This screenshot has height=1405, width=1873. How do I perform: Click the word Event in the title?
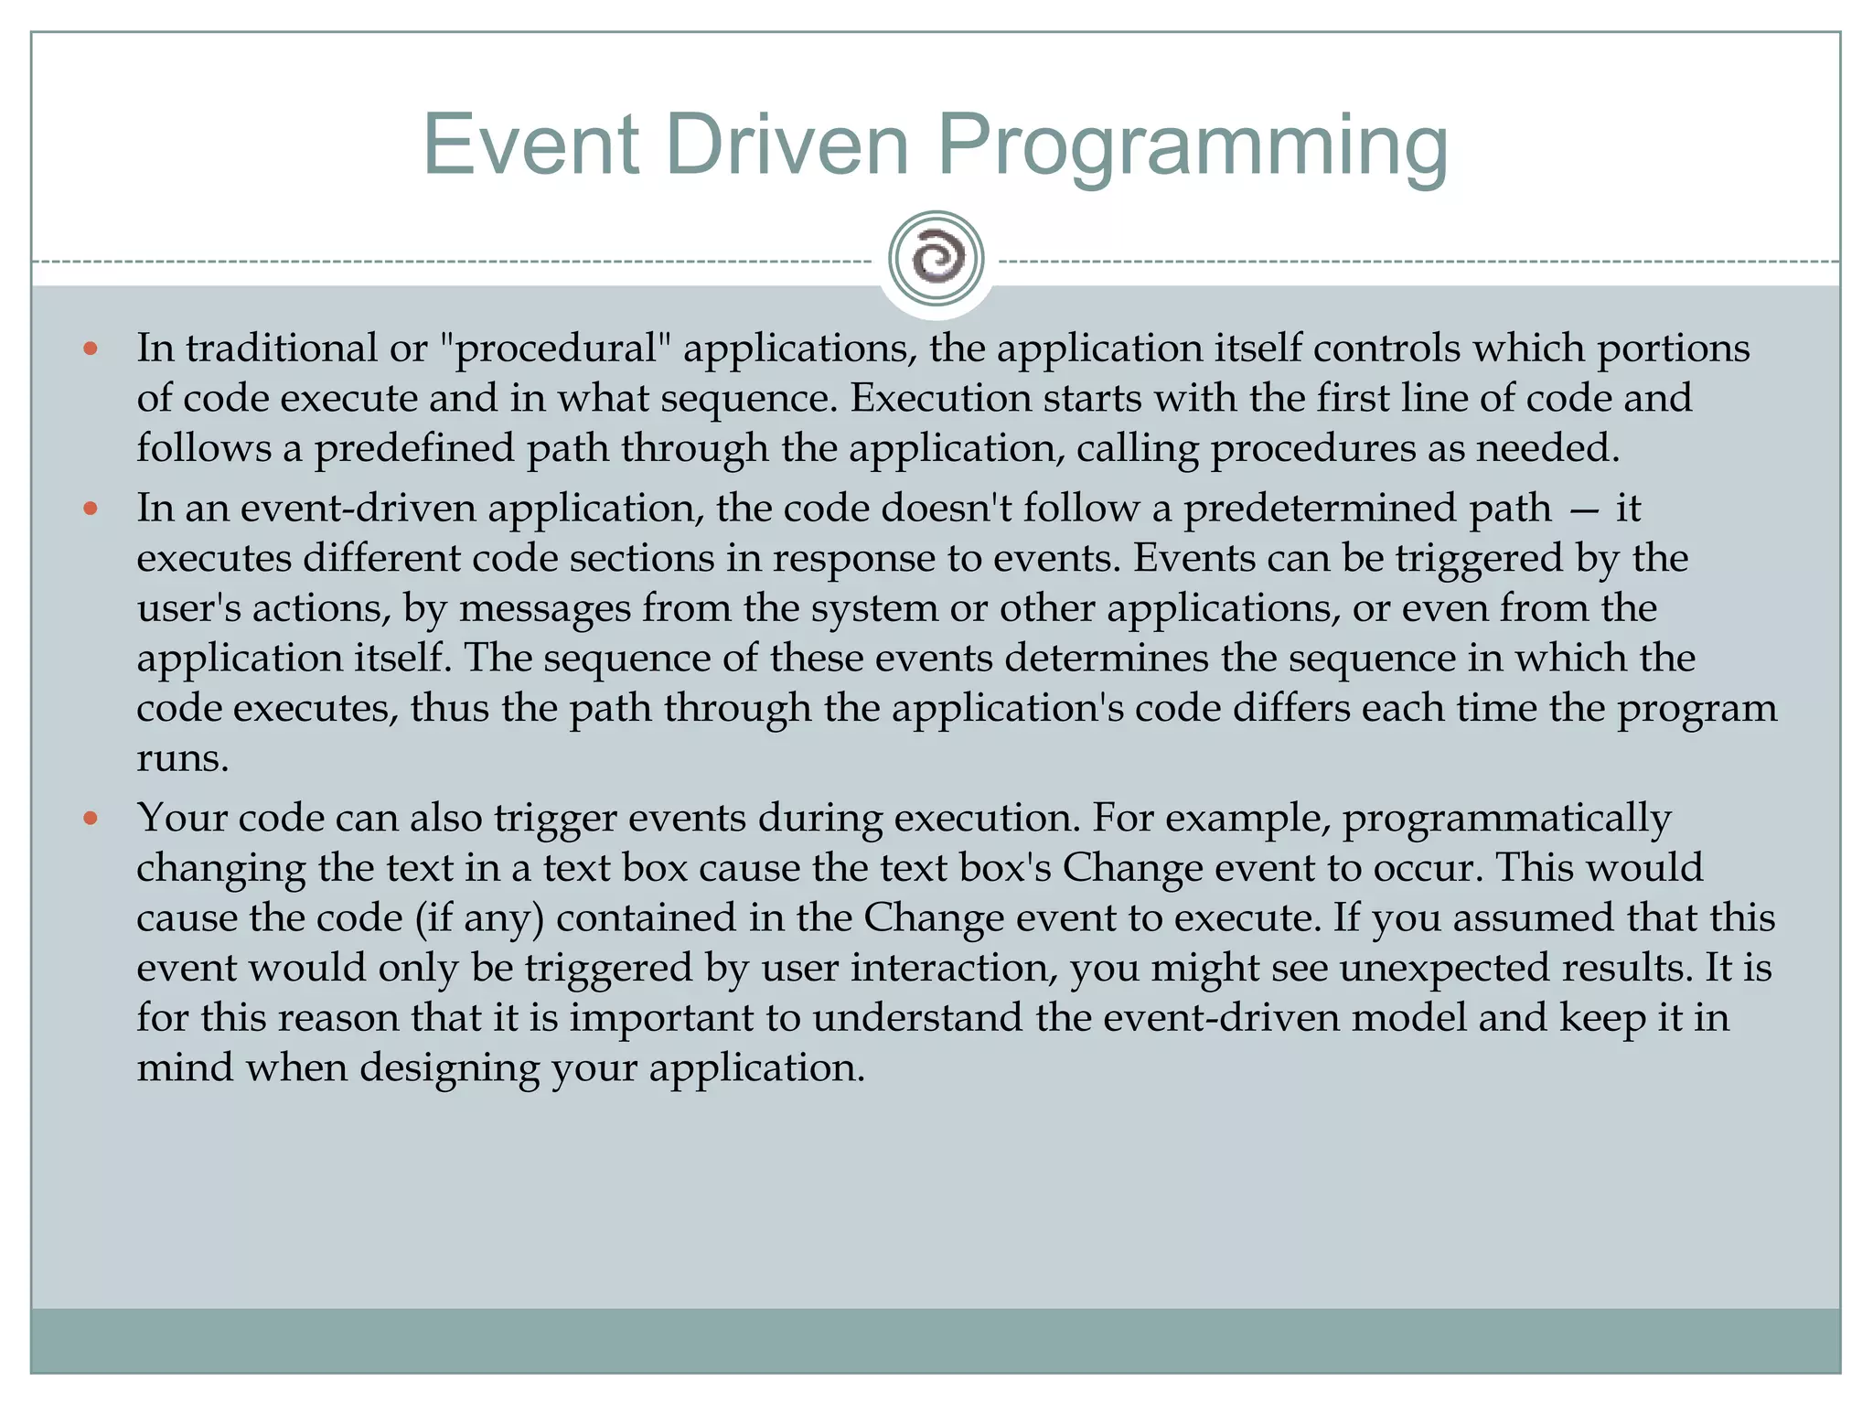click(x=530, y=145)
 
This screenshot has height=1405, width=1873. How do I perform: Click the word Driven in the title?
click(x=787, y=145)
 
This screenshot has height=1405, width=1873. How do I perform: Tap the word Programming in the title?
click(x=1193, y=146)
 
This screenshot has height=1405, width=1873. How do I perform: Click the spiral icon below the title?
click(x=936, y=259)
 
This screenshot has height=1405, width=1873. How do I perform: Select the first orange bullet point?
click(x=90, y=349)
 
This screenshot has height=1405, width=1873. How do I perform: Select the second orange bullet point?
click(x=90, y=509)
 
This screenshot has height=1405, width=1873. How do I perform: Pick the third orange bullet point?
click(x=90, y=818)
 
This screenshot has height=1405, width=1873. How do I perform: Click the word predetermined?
click(x=1367, y=509)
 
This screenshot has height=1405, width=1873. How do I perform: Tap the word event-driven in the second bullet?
click(x=358, y=509)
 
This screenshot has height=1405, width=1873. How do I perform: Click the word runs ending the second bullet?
click(x=182, y=758)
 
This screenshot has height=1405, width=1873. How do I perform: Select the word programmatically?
click(x=1506, y=818)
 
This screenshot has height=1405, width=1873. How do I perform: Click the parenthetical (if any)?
click(x=479, y=917)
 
